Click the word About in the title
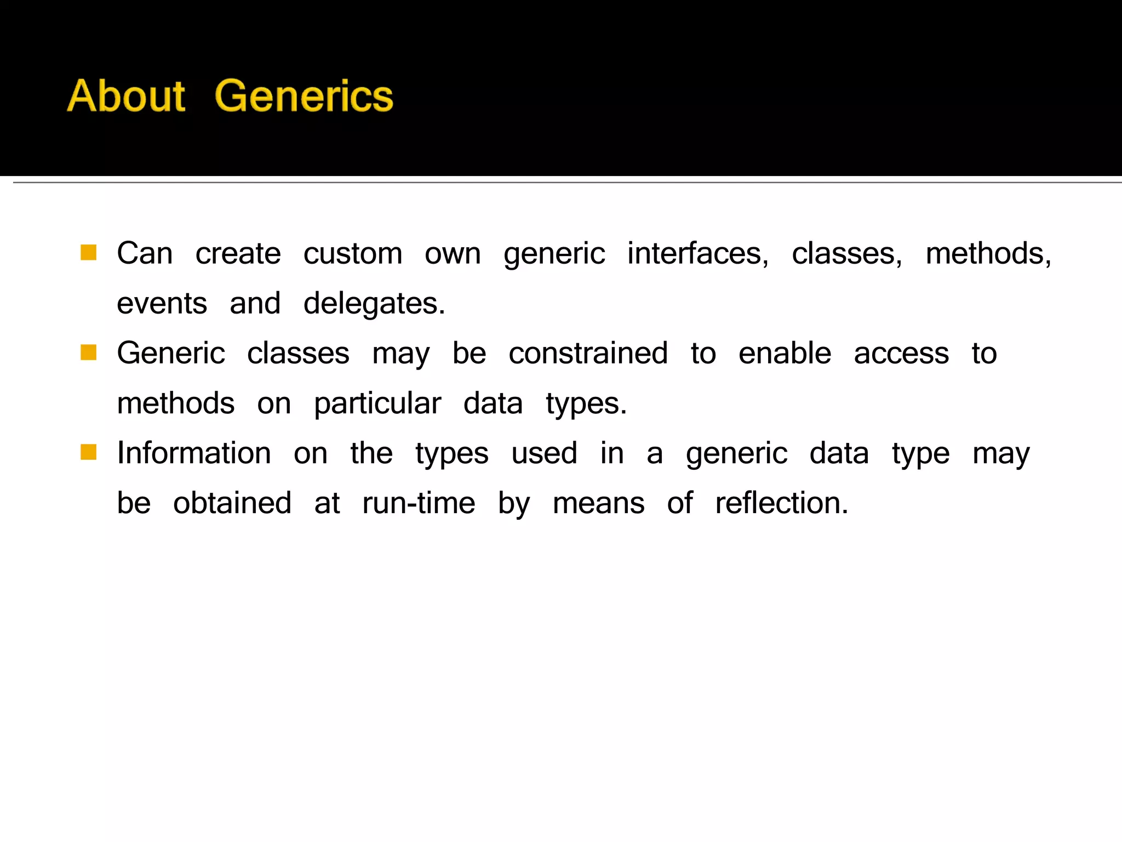click(x=126, y=96)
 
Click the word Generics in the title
click(x=304, y=96)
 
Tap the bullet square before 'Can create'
click(x=88, y=253)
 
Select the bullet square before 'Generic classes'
click(x=88, y=352)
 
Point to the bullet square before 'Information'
click(x=88, y=452)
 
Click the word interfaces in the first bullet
click(x=697, y=254)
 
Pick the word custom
click(x=353, y=254)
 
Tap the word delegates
click(x=374, y=304)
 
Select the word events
click(x=162, y=304)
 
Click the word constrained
click(x=588, y=354)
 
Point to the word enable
click(x=785, y=354)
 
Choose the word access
click(x=901, y=354)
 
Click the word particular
click(x=377, y=404)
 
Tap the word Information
click(x=194, y=453)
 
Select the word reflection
click(x=781, y=503)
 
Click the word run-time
click(x=419, y=503)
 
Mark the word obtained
click(x=232, y=503)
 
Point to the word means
click(x=598, y=503)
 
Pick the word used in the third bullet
click(x=544, y=453)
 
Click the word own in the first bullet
click(x=453, y=254)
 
